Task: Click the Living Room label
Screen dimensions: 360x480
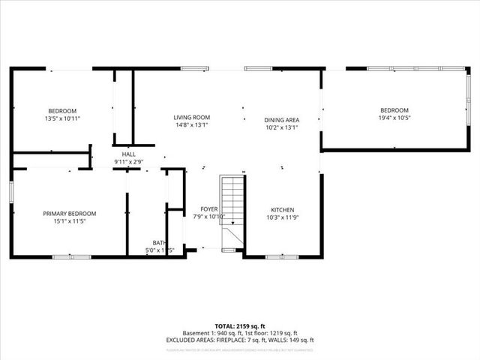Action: coord(191,118)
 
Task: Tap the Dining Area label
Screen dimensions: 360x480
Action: coord(282,120)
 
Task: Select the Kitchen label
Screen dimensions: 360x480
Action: coord(282,210)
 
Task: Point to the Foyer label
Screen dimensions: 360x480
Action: coord(208,209)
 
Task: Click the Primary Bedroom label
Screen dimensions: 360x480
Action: coord(69,214)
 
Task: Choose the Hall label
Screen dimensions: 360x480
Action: coord(129,154)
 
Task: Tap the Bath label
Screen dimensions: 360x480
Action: coord(159,243)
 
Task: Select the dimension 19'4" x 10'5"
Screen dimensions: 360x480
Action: coord(394,118)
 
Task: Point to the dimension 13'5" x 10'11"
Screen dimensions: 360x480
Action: coord(63,118)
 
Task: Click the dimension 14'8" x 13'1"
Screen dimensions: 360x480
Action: coord(191,126)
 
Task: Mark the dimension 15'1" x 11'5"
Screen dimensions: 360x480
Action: coord(69,222)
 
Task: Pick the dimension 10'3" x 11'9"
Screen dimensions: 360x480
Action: coord(282,218)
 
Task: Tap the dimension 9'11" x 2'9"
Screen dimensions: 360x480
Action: coord(129,161)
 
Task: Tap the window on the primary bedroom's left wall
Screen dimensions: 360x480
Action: coord(11,191)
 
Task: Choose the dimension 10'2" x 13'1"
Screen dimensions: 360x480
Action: coord(282,127)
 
